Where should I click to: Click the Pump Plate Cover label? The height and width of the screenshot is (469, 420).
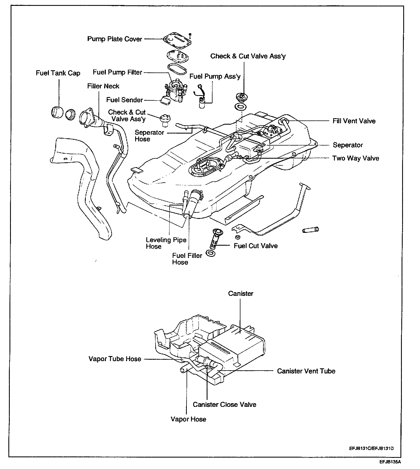tap(115, 39)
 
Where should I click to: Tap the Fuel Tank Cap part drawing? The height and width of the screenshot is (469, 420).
tap(57, 113)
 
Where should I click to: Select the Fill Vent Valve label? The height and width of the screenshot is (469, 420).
tap(354, 121)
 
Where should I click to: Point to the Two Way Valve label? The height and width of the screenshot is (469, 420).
tap(355, 158)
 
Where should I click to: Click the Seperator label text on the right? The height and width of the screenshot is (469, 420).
tap(348, 145)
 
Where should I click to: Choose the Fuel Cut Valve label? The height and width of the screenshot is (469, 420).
tap(256, 246)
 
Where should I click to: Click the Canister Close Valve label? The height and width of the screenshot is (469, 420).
tap(225, 404)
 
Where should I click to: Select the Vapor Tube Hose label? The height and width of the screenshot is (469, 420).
tap(115, 359)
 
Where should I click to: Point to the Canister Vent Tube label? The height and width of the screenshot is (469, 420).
tap(306, 371)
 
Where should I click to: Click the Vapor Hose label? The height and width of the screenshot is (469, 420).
tap(188, 419)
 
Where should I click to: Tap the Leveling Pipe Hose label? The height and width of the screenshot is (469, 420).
tap(166, 243)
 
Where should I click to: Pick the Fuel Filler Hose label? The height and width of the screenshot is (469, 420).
tap(187, 259)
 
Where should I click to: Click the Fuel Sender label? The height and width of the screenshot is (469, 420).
tap(125, 100)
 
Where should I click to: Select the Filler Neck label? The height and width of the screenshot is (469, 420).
tap(103, 86)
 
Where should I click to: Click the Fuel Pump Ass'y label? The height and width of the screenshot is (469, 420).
tap(215, 76)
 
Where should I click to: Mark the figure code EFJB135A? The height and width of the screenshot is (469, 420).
tap(390, 461)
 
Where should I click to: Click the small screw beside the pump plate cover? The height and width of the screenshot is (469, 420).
tap(190, 35)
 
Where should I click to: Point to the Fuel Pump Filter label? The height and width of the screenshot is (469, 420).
tap(118, 72)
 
